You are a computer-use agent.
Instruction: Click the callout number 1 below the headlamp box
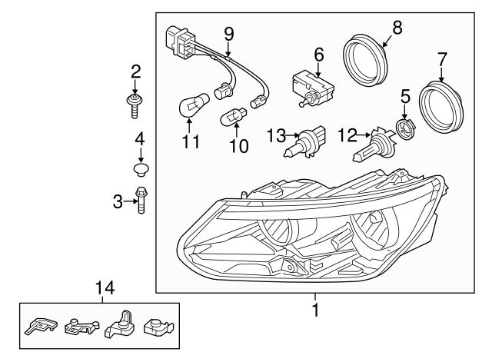pos(314,311)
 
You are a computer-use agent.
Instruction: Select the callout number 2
pos(135,72)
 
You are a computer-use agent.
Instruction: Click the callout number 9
pos(228,33)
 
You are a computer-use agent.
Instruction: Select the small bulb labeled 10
pos(232,118)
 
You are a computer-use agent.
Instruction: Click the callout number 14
pos(103,288)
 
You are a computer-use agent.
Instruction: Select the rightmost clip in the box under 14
pos(159,325)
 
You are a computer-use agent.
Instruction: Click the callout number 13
pos(275,136)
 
